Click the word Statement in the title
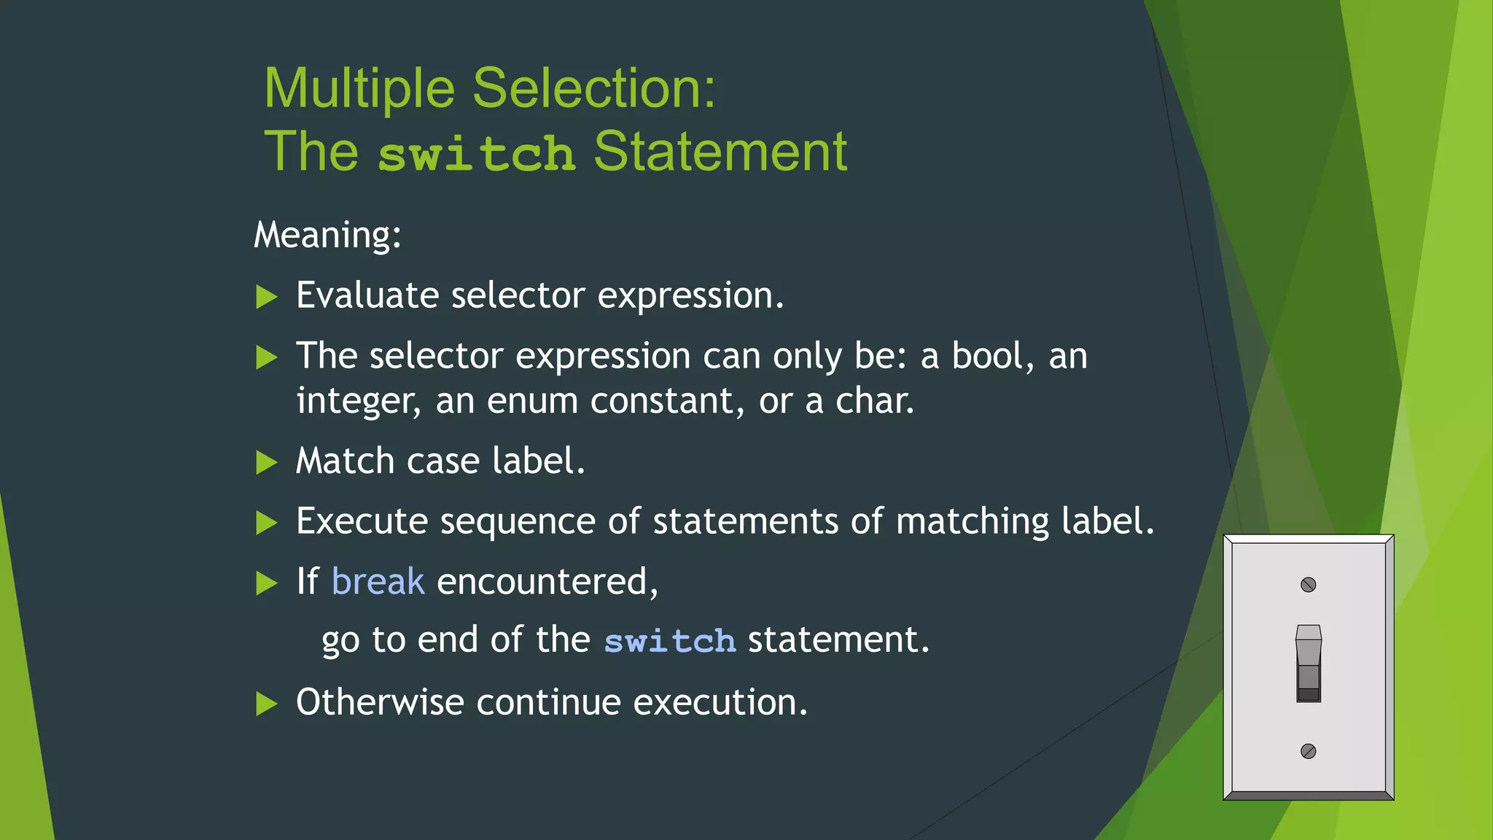(720, 152)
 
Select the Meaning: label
(327, 236)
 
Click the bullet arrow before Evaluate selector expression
(267, 297)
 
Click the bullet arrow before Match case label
(267, 462)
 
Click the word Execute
(362, 522)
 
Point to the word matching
(972, 522)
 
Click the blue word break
(378, 582)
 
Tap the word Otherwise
(380, 703)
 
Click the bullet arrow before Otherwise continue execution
(267, 704)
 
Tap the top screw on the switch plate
(1309, 585)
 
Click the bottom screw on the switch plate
(1309, 751)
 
